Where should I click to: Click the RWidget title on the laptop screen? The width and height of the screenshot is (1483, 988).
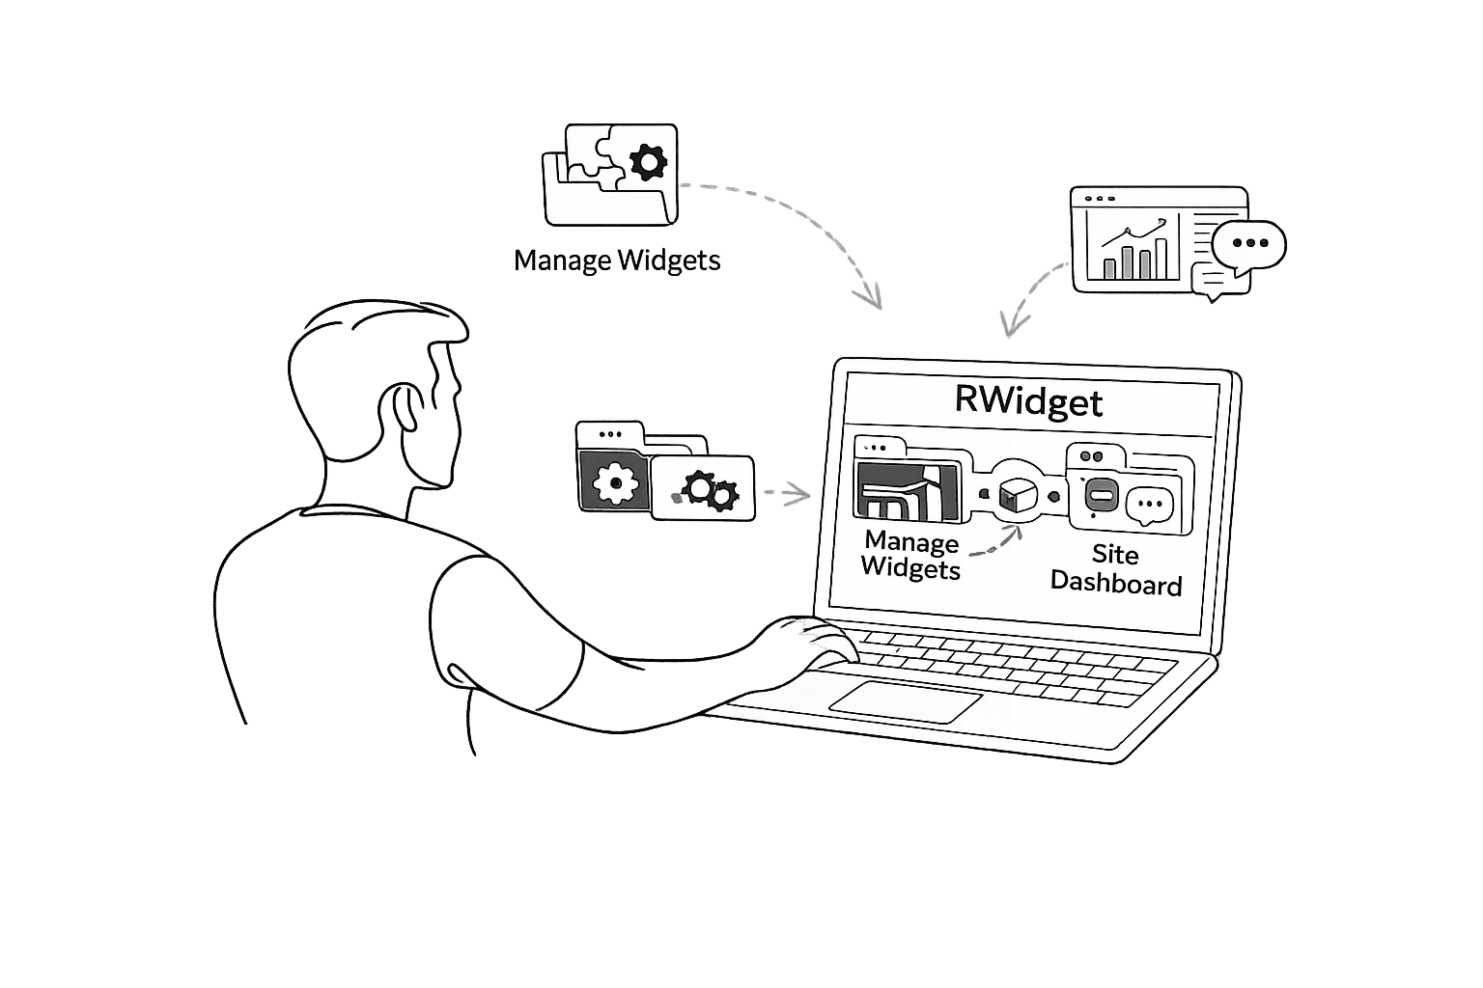click(1028, 401)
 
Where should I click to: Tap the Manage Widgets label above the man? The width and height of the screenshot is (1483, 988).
click(617, 261)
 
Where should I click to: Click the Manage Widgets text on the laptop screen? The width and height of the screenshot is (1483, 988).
click(910, 555)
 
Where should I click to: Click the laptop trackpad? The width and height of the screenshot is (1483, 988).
click(905, 700)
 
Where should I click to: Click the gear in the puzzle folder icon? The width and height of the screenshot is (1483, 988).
click(648, 161)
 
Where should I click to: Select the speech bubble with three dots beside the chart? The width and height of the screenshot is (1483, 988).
click(1249, 243)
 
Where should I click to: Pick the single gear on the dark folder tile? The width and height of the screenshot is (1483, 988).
click(615, 482)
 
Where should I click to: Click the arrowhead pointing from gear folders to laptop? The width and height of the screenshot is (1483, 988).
click(801, 495)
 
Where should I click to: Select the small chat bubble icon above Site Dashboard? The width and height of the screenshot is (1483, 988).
click(1149, 504)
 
